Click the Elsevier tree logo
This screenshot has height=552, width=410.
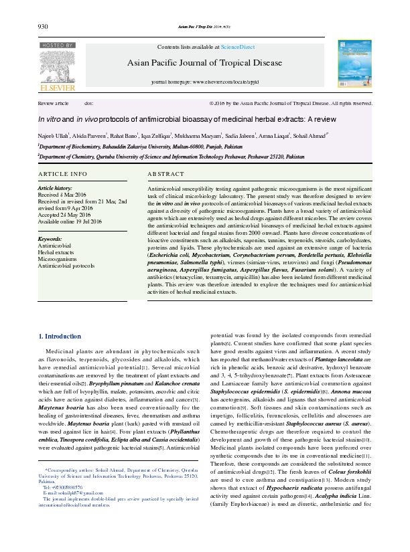tap(58, 65)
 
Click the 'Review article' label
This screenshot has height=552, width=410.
tap(54, 104)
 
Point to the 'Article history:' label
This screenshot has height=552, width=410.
tap(55, 189)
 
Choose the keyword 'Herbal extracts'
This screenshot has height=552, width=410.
tap(56, 252)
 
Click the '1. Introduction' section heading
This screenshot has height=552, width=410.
tap(60, 336)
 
